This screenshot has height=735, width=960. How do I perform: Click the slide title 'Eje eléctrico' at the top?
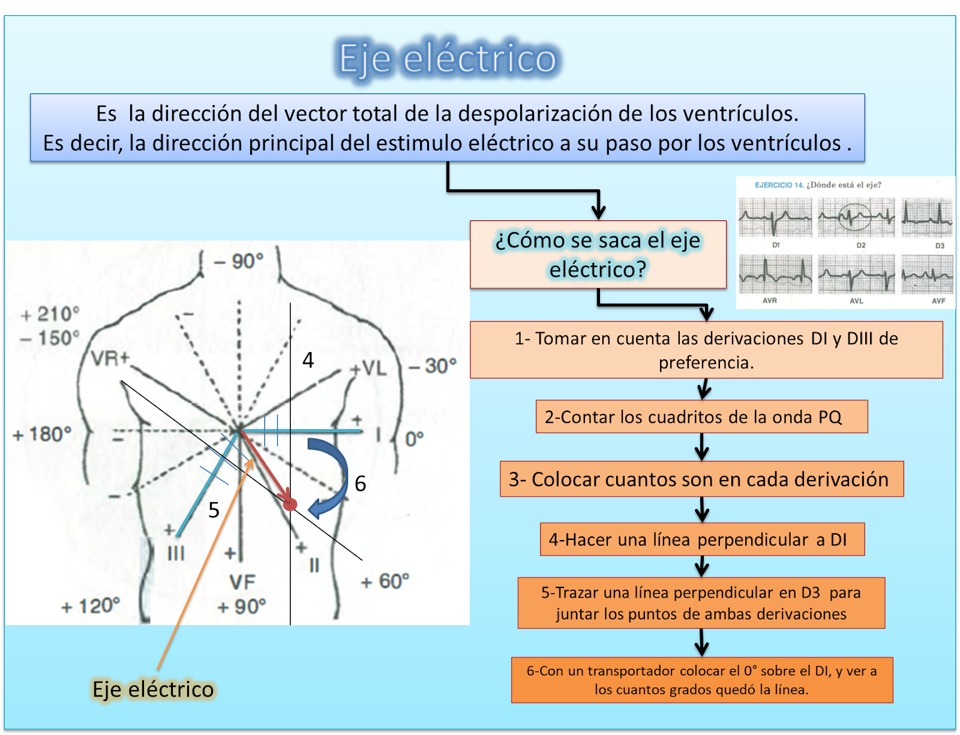448,58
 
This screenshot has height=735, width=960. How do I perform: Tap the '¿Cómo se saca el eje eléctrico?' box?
598,254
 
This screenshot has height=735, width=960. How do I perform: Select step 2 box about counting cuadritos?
701,416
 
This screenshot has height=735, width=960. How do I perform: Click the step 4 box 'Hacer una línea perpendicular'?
702,539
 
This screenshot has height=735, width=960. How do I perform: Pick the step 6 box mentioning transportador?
701,680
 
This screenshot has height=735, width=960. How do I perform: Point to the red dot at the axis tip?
290,504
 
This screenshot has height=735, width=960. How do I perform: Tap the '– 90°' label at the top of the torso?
239,262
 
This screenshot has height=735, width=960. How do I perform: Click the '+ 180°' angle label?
42,434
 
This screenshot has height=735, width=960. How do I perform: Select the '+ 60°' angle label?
385,581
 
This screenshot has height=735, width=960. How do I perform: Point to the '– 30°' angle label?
432,365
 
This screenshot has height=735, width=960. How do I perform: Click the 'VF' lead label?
242,581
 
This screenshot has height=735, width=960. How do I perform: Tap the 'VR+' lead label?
110,358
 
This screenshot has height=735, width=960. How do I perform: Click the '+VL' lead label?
368,368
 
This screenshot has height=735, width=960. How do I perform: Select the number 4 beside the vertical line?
308,360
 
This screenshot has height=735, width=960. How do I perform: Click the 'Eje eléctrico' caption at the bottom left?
153,689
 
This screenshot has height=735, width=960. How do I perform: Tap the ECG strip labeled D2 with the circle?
856,217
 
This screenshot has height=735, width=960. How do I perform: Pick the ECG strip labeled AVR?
775,274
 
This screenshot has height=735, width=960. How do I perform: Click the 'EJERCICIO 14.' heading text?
779,185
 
